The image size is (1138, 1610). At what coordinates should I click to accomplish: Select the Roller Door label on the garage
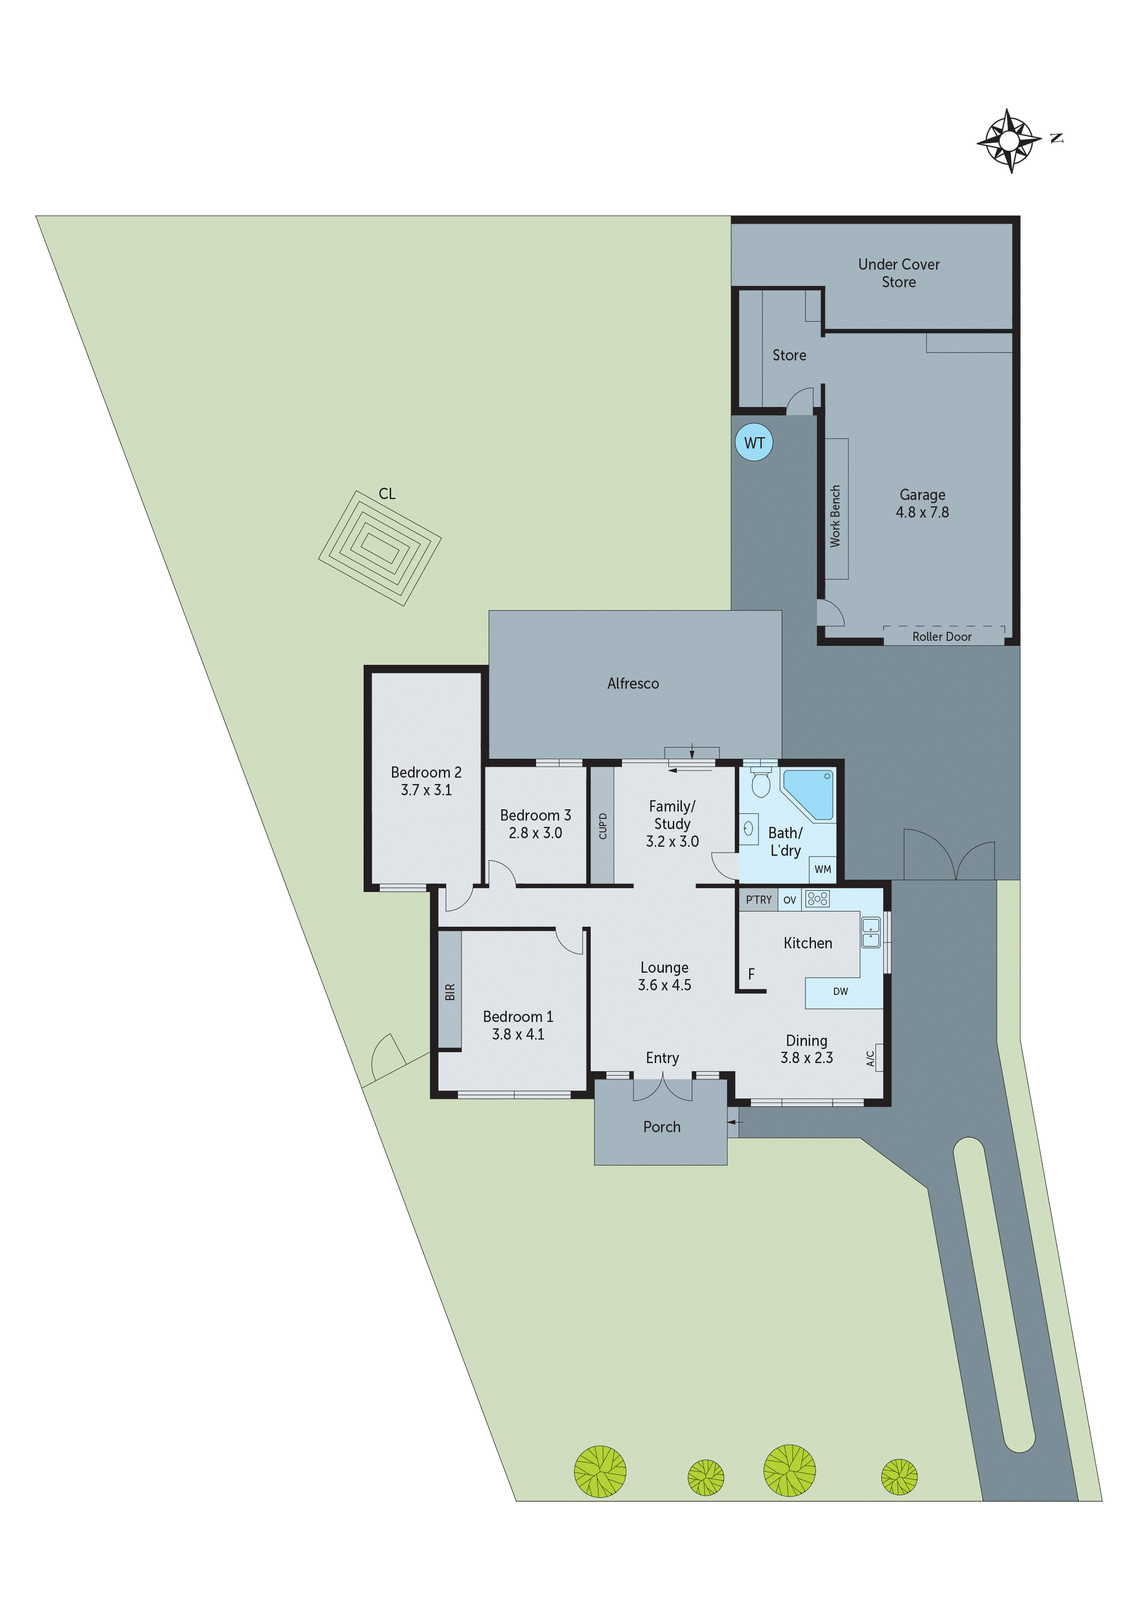(x=941, y=637)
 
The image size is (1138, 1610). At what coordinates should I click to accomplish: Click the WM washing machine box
(x=822, y=870)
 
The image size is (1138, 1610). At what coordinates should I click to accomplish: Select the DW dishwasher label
(x=840, y=991)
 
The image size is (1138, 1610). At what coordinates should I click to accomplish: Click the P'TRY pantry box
(x=758, y=900)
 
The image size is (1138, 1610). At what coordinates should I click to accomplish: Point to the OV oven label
(x=790, y=900)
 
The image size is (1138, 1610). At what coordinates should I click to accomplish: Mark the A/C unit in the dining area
(x=873, y=1057)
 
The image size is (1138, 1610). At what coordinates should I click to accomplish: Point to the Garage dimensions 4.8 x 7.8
(x=921, y=512)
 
